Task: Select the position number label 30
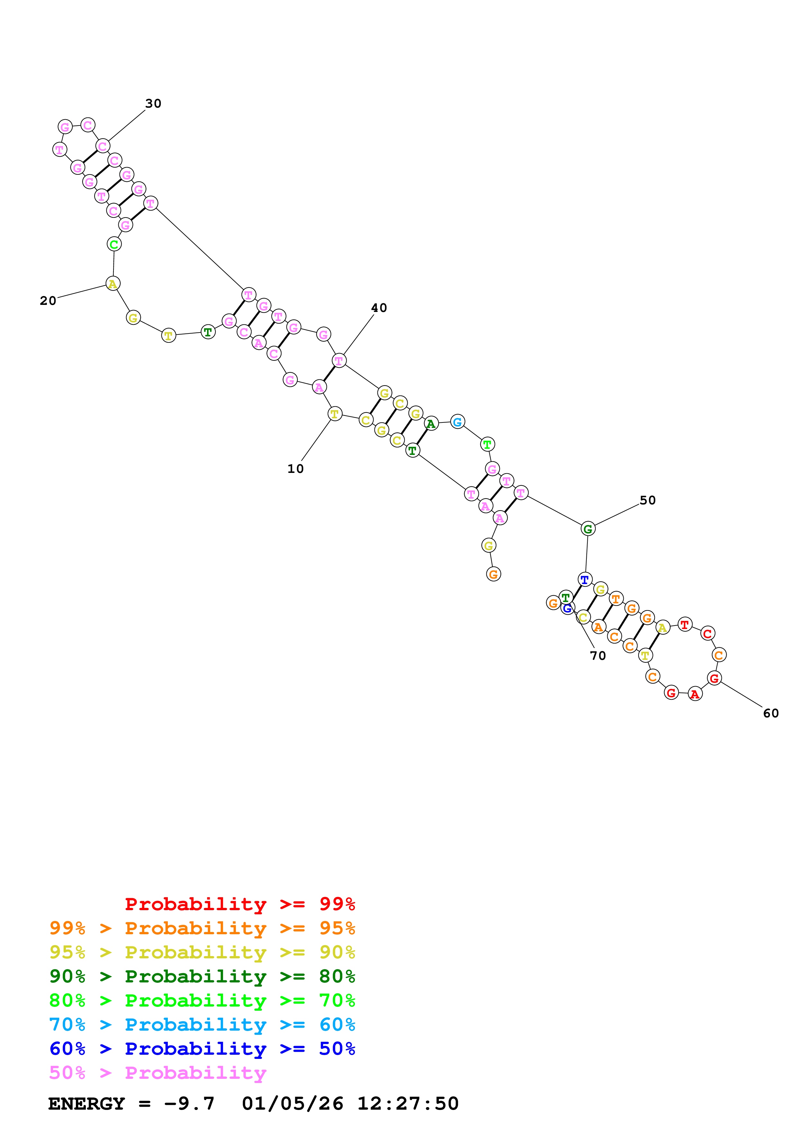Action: (153, 103)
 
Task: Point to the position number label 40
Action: (379, 308)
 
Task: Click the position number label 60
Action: (771, 713)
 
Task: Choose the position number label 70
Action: (598, 656)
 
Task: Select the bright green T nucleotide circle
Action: (487, 444)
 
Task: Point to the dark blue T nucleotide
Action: (584, 579)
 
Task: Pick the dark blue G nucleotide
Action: (568, 609)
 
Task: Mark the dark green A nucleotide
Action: (431, 424)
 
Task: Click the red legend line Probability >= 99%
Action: (240, 904)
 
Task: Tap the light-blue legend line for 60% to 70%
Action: (202, 1025)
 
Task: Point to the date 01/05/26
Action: (292, 1104)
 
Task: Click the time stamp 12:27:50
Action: (408, 1104)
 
